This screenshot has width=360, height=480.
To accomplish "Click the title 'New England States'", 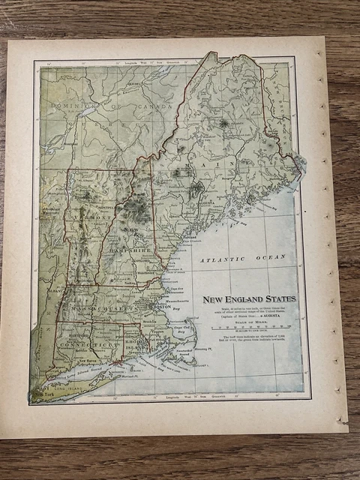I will click(x=249, y=299).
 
